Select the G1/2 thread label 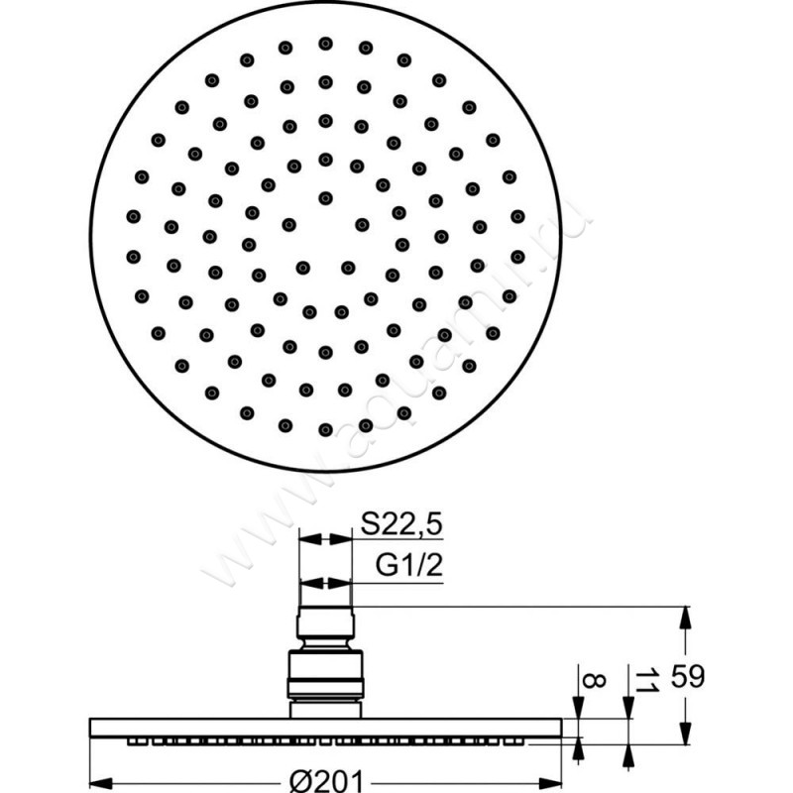pyautogui.click(x=409, y=565)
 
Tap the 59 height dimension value pyautogui.click(x=687, y=676)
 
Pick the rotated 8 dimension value pyautogui.click(x=594, y=680)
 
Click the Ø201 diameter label pyautogui.click(x=326, y=781)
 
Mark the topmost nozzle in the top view pyautogui.click(x=326, y=44)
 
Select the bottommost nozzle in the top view pyautogui.click(x=326, y=430)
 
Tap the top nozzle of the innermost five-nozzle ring pyautogui.click(x=326, y=198)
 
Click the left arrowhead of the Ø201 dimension pyautogui.click(x=101, y=783)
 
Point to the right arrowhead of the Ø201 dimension pyautogui.click(x=550, y=783)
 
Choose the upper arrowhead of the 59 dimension pyautogui.click(x=685, y=618)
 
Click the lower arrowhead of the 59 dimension pyautogui.click(x=685, y=733)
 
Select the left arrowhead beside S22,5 pyautogui.click(x=310, y=539)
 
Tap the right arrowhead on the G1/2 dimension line pyautogui.click(x=340, y=583)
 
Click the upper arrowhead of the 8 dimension pyautogui.click(x=578, y=707)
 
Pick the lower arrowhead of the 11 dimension pyautogui.click(x=628, y=756)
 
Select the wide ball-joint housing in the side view pyautogui.click(x=326, y=674)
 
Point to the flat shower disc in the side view pyautogui.click(x=326, y=728)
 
